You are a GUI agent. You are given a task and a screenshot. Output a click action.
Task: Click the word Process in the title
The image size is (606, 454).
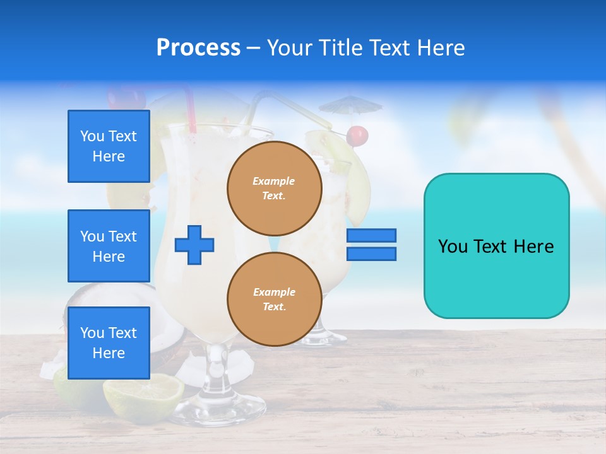[198, 48]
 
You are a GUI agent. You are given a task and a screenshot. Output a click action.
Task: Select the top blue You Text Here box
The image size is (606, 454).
[109, 146]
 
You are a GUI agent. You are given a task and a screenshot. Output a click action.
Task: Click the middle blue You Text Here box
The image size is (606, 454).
[109, 246]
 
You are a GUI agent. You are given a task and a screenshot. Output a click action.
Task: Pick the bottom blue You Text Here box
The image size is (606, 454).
[109, 343]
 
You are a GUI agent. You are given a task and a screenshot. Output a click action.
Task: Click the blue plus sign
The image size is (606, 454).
[194, 244]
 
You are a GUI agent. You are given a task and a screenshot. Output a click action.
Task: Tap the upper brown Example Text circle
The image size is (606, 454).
[274, 189]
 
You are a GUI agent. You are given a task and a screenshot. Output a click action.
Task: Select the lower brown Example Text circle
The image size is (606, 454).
[274, 300]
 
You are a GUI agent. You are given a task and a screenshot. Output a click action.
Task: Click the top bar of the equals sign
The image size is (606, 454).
[371, 235]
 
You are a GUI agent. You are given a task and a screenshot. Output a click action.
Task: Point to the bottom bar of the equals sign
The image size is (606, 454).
[371, 254]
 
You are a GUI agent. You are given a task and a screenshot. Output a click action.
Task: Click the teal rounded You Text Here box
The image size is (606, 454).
[496, 246]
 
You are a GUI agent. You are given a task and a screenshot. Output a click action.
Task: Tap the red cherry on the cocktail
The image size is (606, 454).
[357, 136]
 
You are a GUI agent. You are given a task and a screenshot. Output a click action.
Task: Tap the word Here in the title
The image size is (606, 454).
[441, 48]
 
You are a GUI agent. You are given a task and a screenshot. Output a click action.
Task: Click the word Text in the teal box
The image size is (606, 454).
[494, 247]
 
